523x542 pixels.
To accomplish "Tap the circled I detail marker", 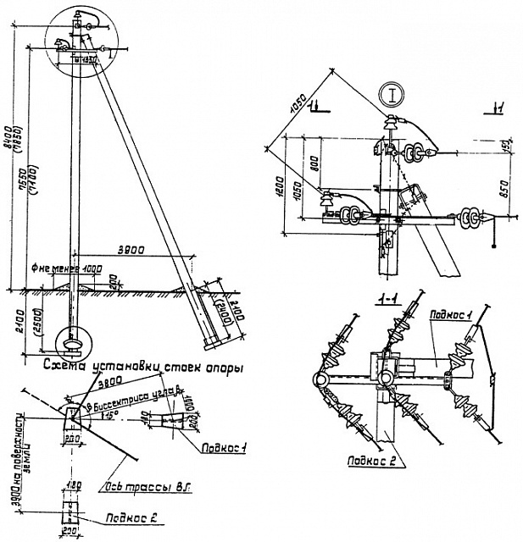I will pyautogui.click(x=391, y=94).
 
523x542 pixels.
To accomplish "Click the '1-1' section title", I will pyautogui.click(x=389, y=297).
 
